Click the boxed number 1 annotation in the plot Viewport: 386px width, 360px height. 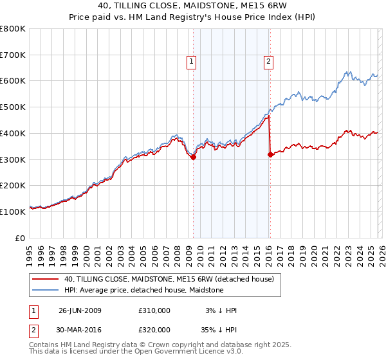pos(192,62)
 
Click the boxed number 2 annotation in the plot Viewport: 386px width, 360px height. pos(268,62)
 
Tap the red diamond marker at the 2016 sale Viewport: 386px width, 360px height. pos(270,154)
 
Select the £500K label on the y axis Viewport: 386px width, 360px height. pos(13,107)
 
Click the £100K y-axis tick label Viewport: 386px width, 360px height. pos(13,212)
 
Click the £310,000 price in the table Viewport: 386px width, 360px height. pos(154,310)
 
